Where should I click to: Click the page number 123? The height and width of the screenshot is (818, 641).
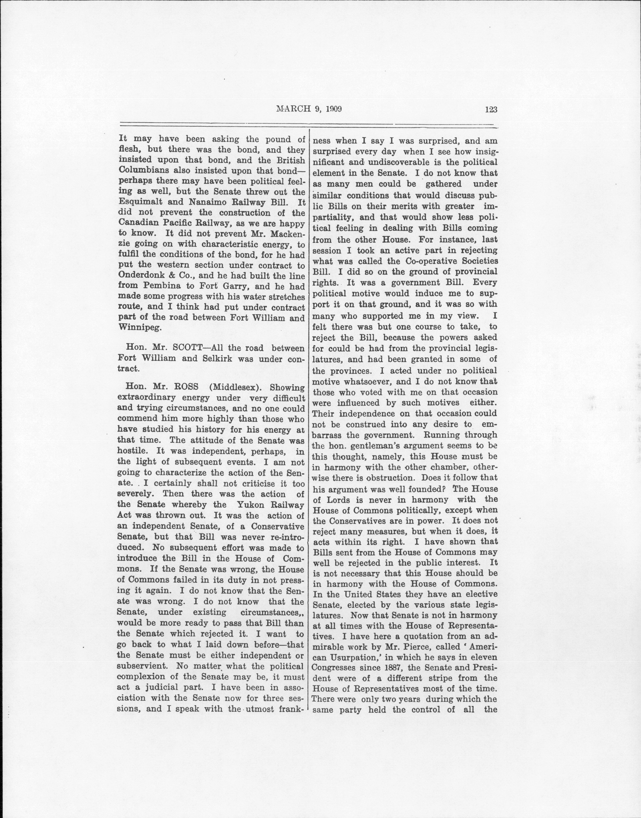[491, 110]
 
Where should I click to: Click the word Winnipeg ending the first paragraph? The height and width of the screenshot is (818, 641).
[139, 328]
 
